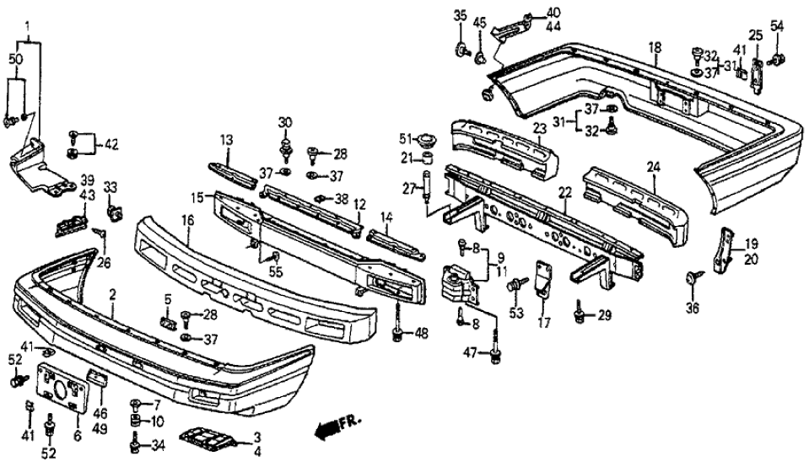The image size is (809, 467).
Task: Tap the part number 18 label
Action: pos(655,47)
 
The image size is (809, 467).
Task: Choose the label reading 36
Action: pos(692,309)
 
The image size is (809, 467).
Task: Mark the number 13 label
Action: pos(227,139)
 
